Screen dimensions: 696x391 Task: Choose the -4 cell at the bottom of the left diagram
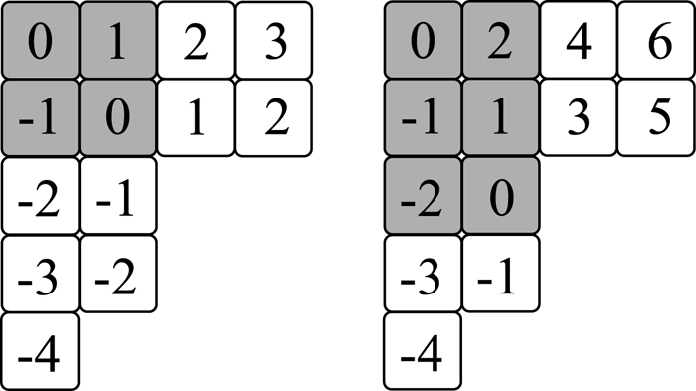pos(41,350)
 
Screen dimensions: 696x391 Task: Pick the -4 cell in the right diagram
pos(423,350)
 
